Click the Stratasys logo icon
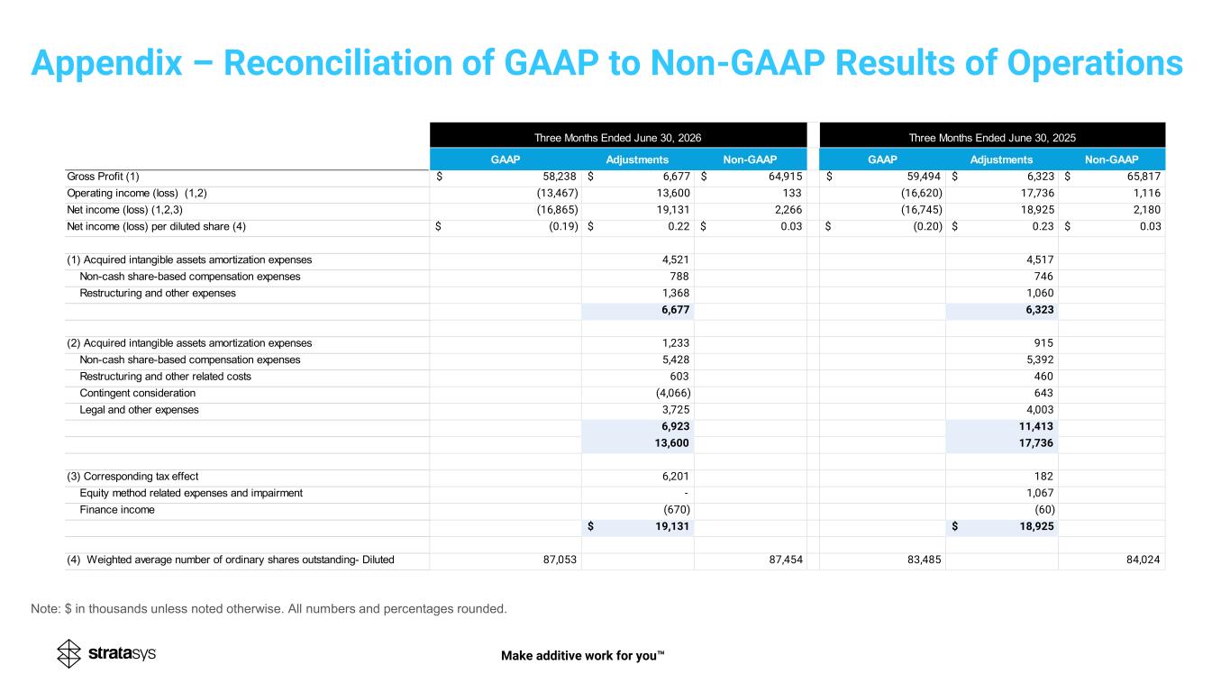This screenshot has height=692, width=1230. (x=68, y=653)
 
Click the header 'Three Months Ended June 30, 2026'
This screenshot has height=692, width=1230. (x=618, y=138)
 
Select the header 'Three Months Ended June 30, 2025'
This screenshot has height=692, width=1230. (x=992, y=138)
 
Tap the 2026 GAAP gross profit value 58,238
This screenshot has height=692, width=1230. (x=560, y=177)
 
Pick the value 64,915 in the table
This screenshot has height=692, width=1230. (x=785, y=177)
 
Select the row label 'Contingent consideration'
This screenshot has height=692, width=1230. (x=137, y=393)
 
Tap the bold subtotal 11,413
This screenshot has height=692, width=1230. (x=1036, y=426)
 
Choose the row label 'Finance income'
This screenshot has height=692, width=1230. (x=117, y=510)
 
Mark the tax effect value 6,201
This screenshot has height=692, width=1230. (x=676, y=476)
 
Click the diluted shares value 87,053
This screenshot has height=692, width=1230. (x=560, y=560)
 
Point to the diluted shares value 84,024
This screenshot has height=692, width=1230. (x=1143, y=560)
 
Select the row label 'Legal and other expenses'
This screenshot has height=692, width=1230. (x=139, y=410)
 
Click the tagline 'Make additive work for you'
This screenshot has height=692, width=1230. (x=583, y=656)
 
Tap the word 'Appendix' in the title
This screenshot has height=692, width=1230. (x=106, y=63)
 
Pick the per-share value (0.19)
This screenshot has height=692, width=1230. (x=563, y=226)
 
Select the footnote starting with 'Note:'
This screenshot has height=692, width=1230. (x=269, y=608)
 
